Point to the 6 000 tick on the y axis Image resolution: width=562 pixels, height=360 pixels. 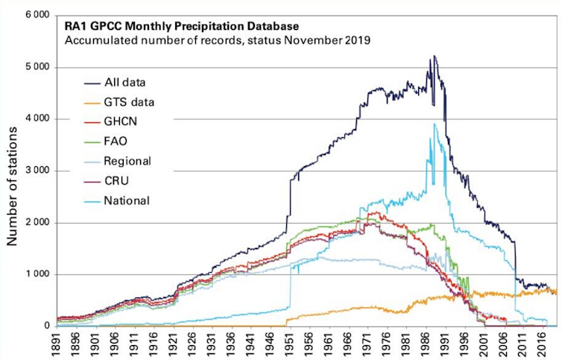coord(35,16)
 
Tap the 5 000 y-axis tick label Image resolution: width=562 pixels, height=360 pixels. coord(35,67)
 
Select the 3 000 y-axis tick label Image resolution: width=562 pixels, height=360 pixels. coord(35,171)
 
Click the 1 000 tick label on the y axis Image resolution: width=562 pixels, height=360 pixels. coord(35,274)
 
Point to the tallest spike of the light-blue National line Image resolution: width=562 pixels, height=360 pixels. coord(435,124)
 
